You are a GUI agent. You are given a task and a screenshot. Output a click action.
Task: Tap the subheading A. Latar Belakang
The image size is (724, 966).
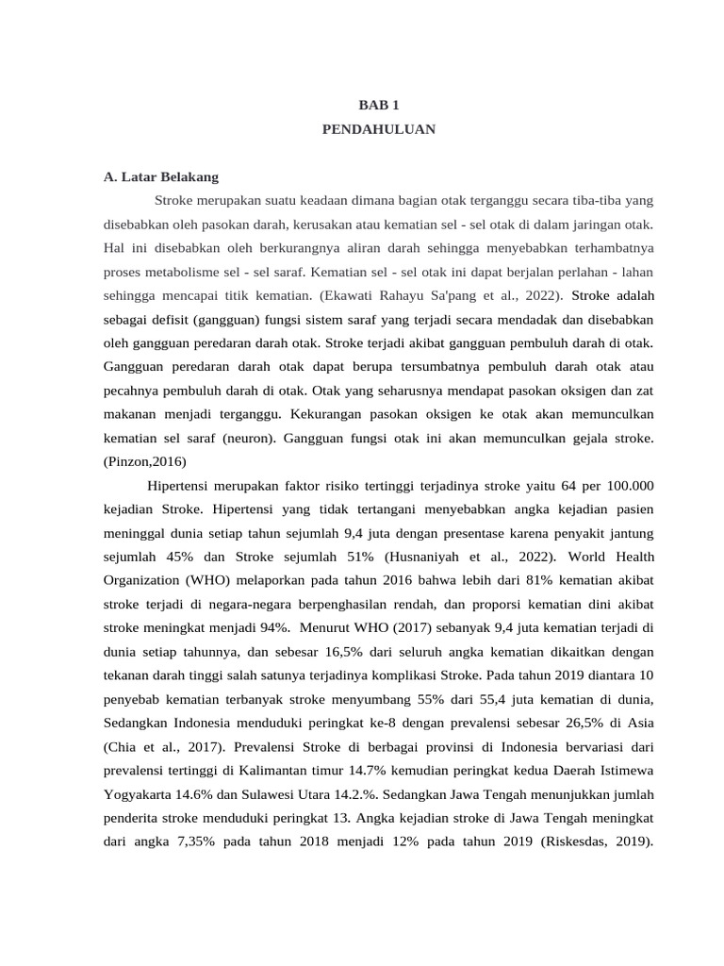pyautogui.click(x=161, y=176)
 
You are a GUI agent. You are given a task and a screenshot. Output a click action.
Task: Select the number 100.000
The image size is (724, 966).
pyautogui.click(x=621, y=486)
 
